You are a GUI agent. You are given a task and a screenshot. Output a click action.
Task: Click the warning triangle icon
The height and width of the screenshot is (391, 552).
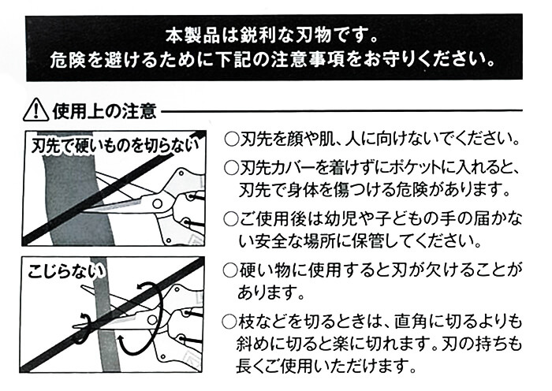(35, 110)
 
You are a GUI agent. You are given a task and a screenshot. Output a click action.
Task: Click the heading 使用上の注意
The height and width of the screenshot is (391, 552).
(104, 111)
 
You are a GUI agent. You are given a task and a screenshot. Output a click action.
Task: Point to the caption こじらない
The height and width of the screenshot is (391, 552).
(66, 272)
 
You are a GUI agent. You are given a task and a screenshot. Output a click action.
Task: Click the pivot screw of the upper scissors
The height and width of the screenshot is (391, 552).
(158, 203)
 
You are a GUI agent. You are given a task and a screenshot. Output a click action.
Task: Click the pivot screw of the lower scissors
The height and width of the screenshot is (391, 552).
(152, 319)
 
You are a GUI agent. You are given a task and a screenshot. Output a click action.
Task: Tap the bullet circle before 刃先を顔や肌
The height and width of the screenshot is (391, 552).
(231, 140)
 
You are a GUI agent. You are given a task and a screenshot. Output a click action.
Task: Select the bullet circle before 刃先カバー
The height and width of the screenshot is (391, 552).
(231, 169)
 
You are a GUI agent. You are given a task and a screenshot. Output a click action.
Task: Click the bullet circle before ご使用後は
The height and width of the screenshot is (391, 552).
(231, 220)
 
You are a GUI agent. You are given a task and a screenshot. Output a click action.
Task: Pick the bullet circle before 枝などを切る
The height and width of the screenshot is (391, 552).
(229, 322)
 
